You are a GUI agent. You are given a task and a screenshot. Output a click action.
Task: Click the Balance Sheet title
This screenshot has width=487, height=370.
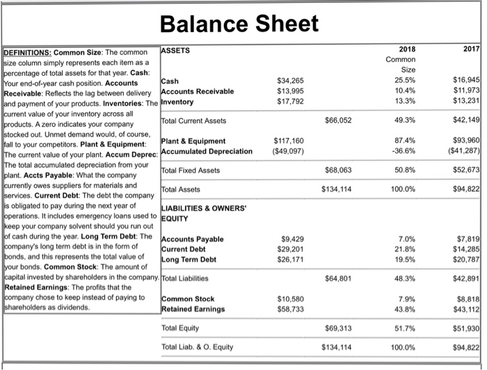click(239, 24)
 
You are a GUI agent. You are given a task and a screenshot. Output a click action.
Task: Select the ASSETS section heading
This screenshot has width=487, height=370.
click(175, 50)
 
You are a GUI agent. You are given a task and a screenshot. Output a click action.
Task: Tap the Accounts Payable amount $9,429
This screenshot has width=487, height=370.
click(292, 239)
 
